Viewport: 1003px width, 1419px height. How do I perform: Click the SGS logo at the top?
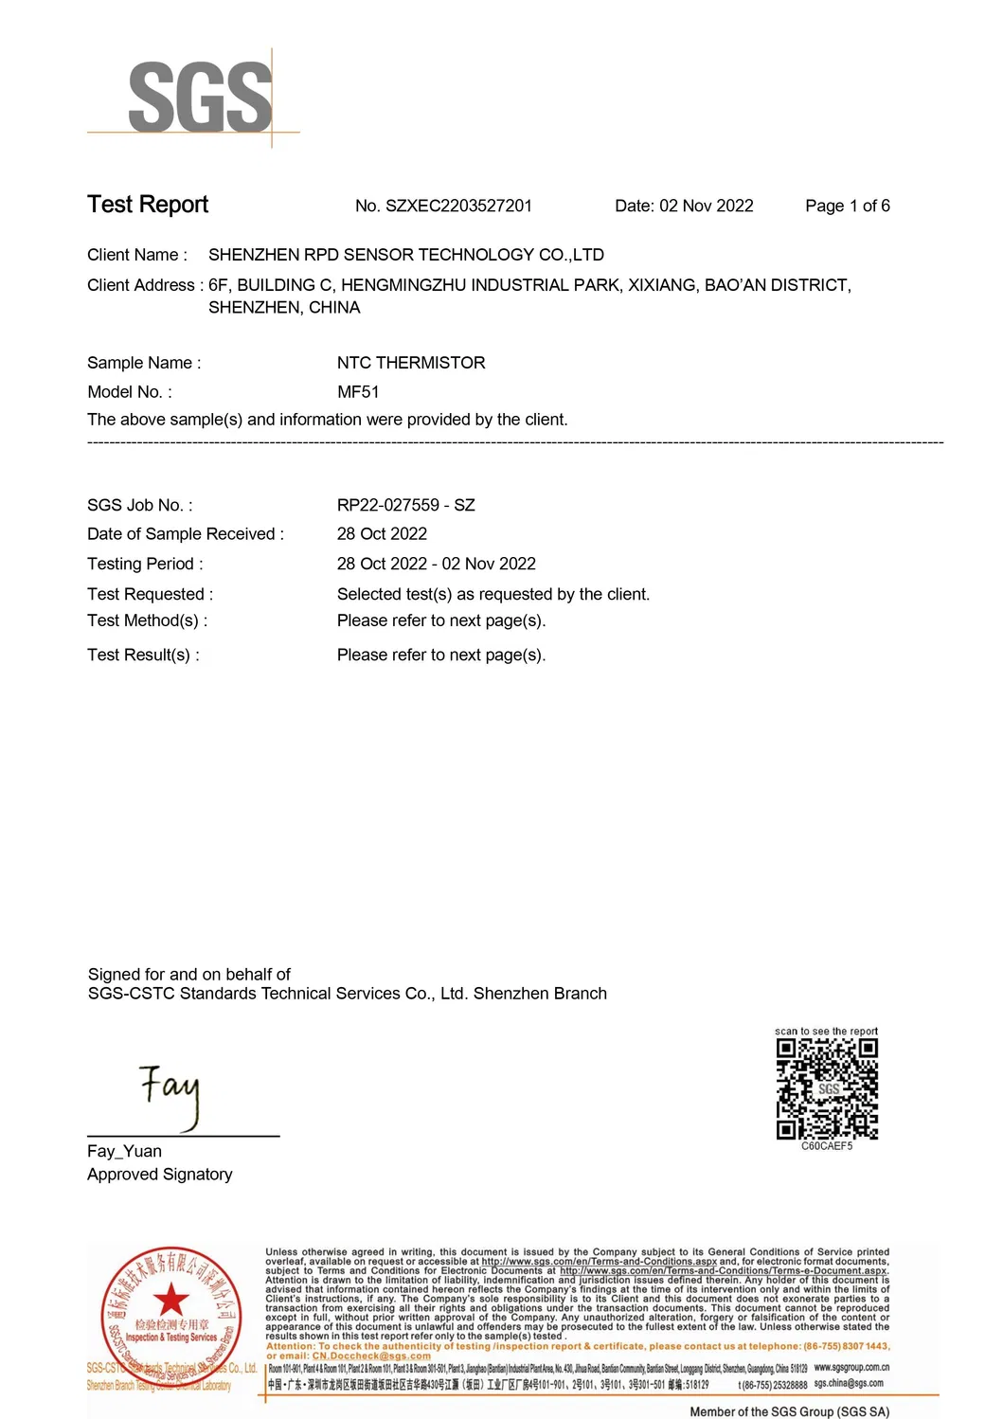tap(200, 98)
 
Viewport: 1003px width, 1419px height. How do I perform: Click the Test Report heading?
tap(148, 205)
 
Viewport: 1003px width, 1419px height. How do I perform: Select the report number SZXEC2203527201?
tap(458, 207)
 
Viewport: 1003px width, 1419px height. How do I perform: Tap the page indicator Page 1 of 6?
tap(847, 207)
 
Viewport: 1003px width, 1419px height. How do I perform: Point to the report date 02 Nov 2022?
tap(706, 207)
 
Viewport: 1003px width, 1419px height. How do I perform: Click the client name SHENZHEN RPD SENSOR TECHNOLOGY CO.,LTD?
tap(405, 255)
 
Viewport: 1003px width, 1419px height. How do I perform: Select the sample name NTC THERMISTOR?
tap(411, 363)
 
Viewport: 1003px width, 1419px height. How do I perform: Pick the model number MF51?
tap(358, 392)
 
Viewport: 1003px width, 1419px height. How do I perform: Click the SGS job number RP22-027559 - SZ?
tap(405, 506)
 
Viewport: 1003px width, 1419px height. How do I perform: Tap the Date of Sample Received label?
tap(186, 534)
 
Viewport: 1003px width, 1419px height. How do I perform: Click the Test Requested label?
tap(150, 595)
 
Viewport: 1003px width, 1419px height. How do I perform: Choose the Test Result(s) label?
tap(143, 656)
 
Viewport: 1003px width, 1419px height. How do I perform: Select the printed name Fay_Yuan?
tap(124, 1152)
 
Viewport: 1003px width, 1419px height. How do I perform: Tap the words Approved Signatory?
tap(159, 1175)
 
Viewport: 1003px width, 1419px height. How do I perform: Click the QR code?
tap(827, 1088)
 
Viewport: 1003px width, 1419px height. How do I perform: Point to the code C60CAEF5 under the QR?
tap(827, 1146)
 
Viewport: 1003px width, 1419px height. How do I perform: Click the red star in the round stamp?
tap(170, 1300)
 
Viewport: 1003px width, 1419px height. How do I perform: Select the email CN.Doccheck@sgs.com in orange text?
tap(371, 1356)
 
